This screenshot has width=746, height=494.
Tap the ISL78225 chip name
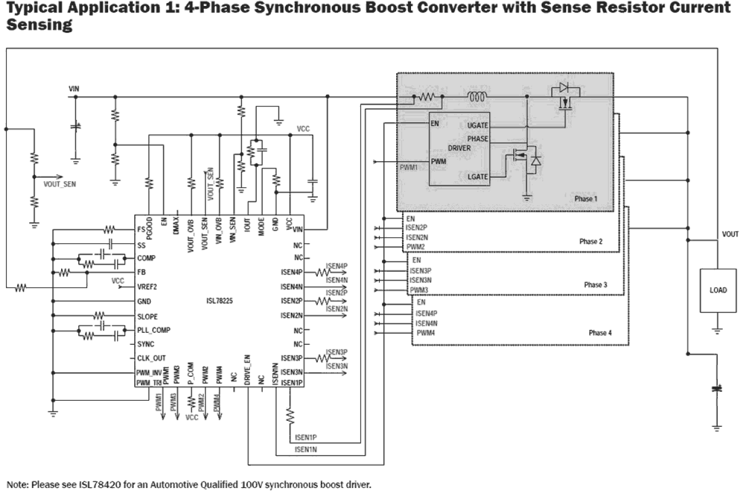tap(215, 301)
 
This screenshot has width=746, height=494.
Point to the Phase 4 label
tap(600, 333)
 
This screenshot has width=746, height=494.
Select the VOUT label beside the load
tap(730, 235)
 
